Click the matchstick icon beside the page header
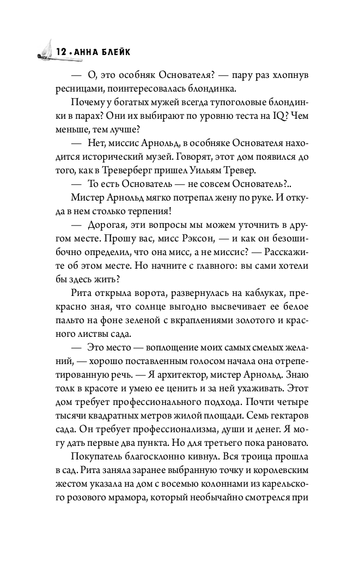pos(43,51)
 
